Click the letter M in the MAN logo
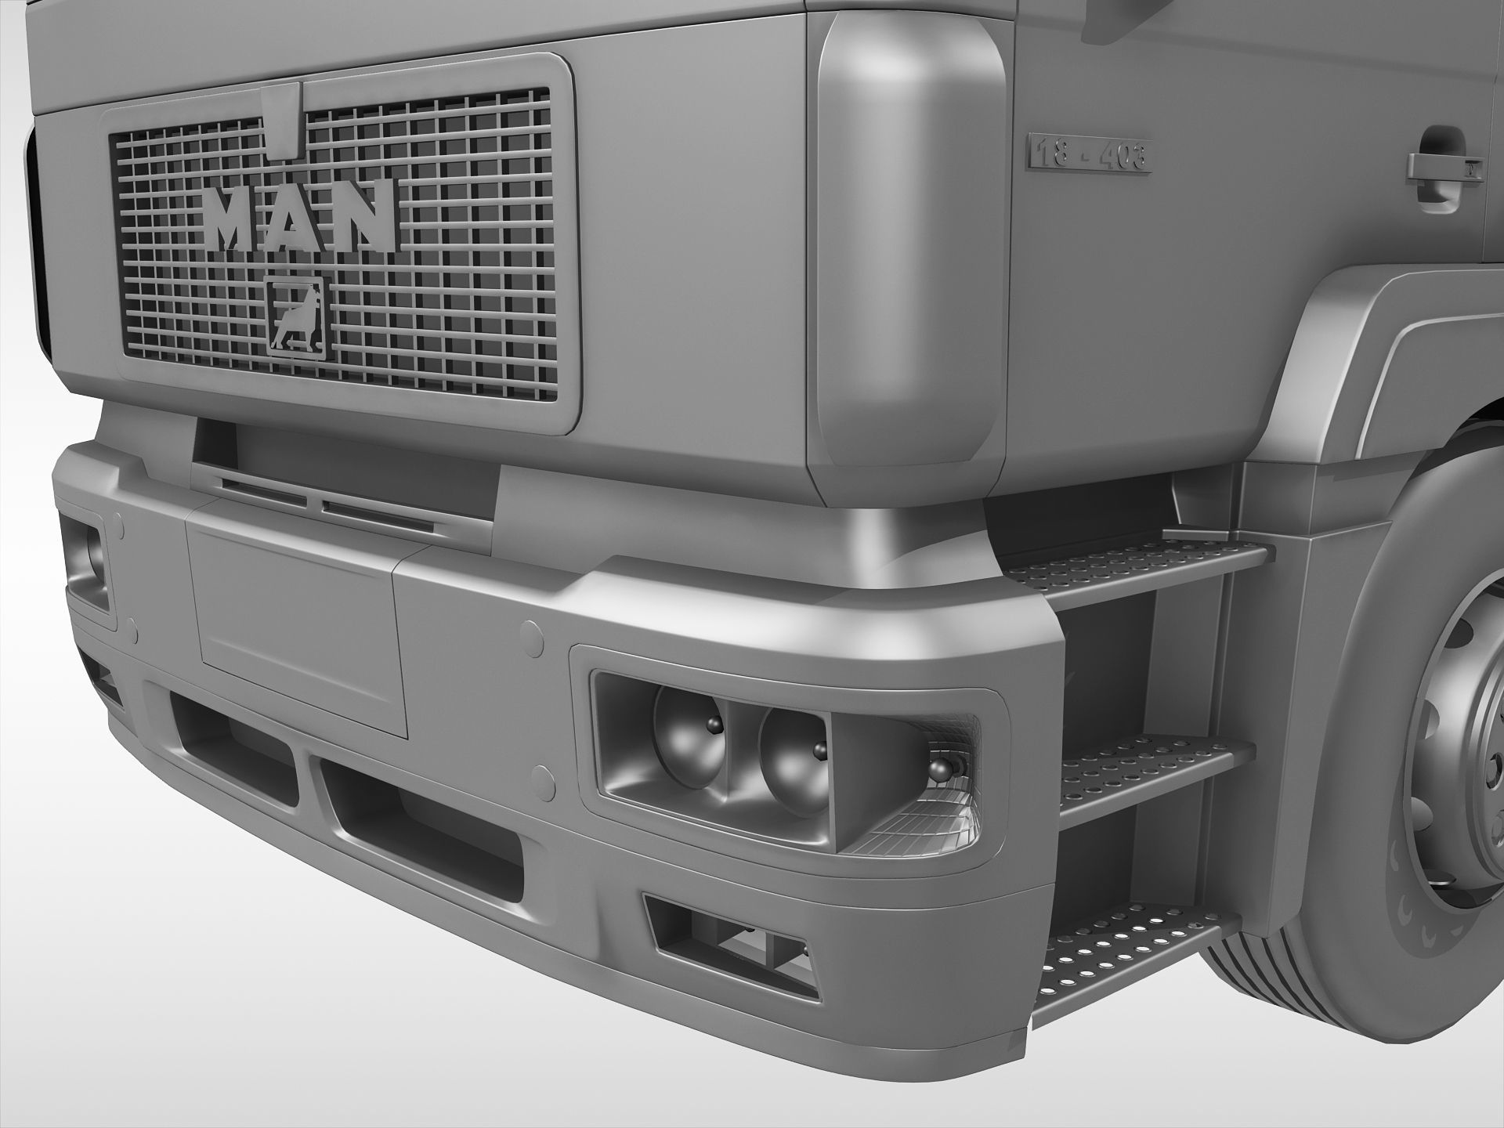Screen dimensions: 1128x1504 [x=233, y=218]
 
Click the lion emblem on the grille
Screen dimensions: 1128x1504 [x=295, y=317]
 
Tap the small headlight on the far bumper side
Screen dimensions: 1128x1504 [x=86, y=560]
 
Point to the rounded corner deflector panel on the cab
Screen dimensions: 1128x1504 [x=909, y=251]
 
